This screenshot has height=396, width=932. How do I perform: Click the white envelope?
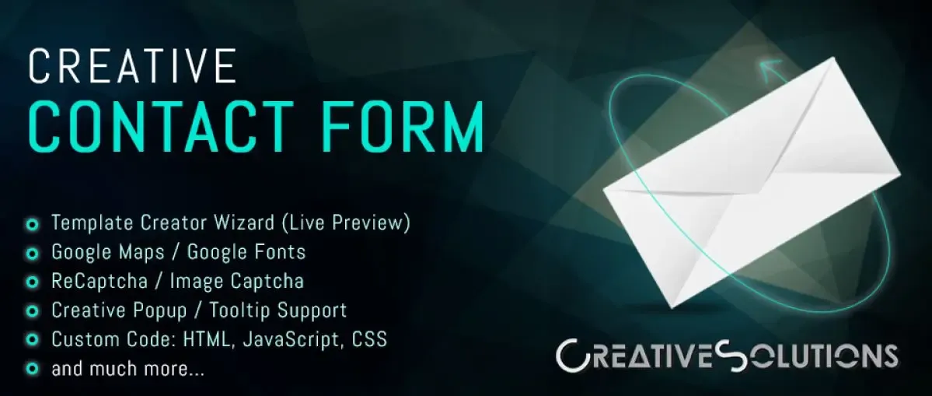(x=752, y=182)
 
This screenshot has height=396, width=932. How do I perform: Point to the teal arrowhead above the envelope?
(x=769, y=71)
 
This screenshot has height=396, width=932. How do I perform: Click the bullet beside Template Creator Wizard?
(x=33, y=225)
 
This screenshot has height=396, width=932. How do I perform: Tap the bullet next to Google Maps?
(x=33, y=254)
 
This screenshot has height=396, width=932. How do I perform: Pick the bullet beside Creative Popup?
(x=33, y=311)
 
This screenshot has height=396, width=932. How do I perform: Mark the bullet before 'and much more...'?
(x=33, y=370)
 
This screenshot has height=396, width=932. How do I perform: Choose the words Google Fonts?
(x=246, y=251)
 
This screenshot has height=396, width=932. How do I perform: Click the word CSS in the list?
(x=369, y=338)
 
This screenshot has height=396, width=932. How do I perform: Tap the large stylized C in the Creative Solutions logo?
(x=572, y=356)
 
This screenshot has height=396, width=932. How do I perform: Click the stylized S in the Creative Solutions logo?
(x=724, y=355)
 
